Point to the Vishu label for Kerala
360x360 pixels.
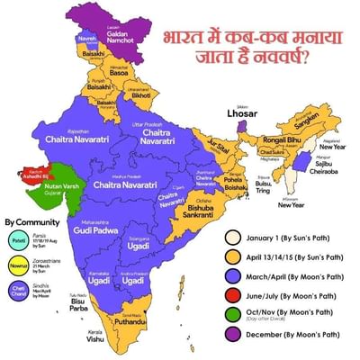tap(95, 340)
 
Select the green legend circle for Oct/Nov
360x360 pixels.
tap(234, 313)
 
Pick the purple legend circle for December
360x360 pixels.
tap(234, 337)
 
